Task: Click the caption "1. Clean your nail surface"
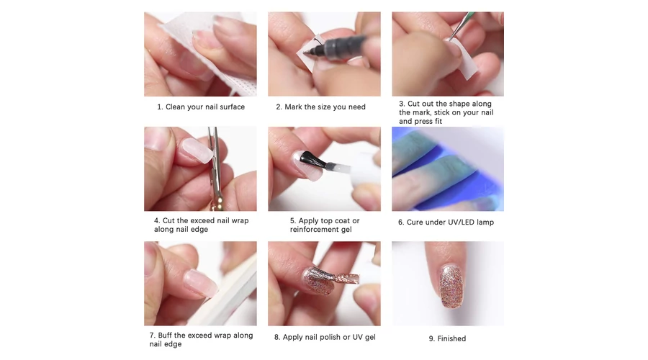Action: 201,107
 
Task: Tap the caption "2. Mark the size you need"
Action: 320,107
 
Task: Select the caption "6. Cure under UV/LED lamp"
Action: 446,222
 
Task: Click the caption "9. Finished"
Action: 447,338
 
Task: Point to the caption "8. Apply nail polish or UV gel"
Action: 325,337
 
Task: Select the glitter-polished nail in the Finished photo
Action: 451,286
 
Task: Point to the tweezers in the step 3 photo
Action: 462,24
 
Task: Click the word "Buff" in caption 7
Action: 166,336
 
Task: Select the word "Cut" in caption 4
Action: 168,221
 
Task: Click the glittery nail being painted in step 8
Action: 318,280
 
